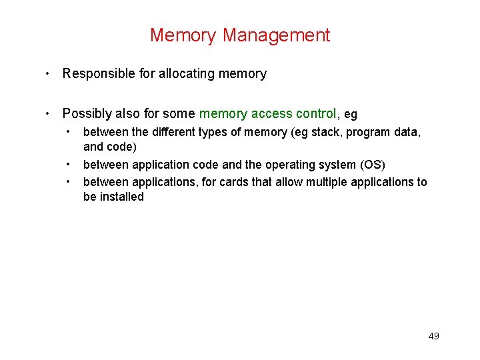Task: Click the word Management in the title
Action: [277, 35]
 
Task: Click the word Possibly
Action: [86, 114]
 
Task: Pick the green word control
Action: [314, 114]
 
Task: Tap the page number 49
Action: [433, 336]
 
